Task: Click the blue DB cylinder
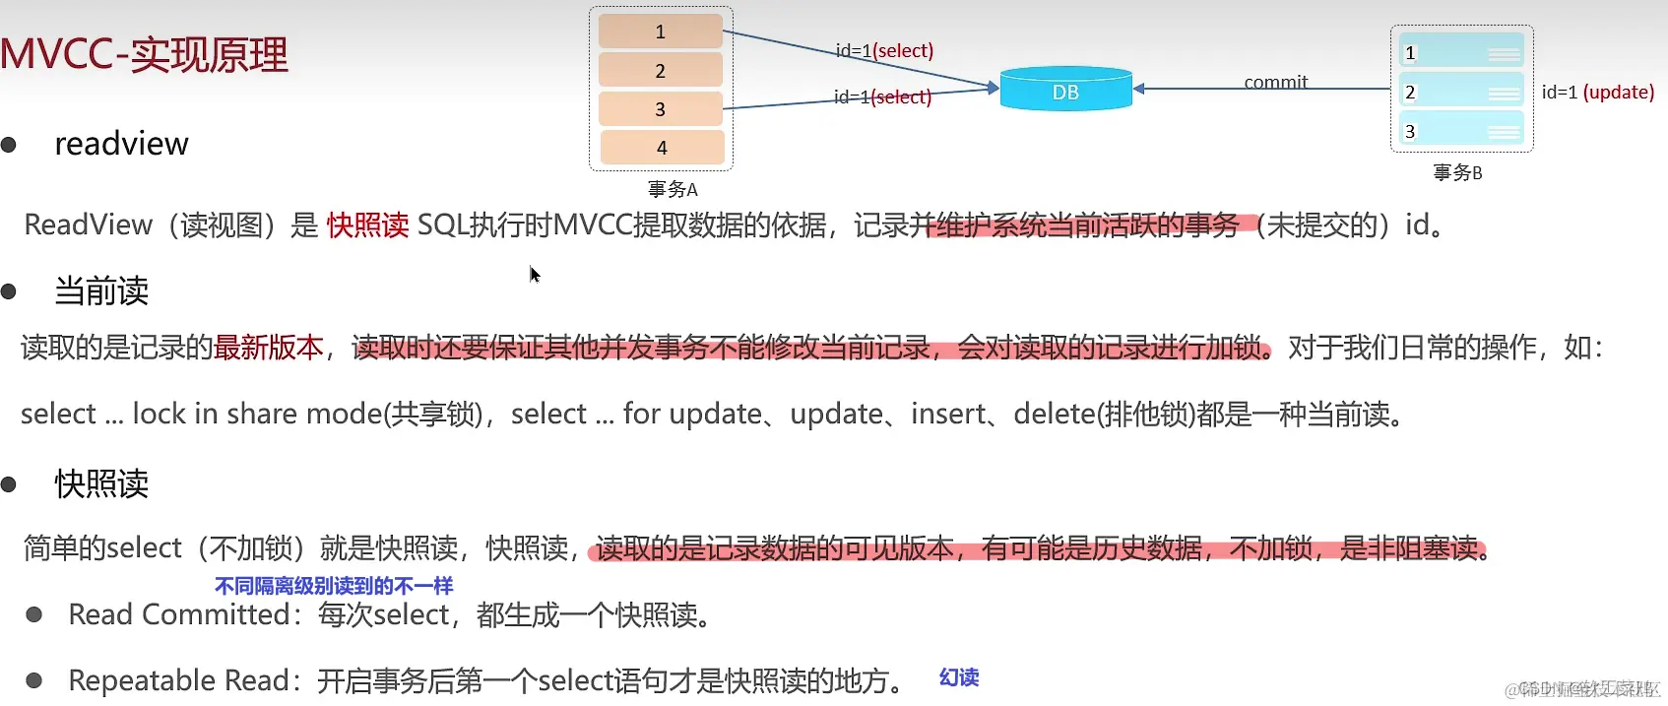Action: [1065, 90]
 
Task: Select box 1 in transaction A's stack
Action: [661, 32]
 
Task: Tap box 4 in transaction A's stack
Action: [662, 148]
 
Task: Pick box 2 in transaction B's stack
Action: [1461, 91]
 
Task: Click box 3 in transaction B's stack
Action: [1461, 130]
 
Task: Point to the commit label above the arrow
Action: [1275, 82]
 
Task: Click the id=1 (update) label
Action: [1597, 92]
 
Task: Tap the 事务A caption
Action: [673, 189]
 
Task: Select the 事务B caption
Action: [1457, 172]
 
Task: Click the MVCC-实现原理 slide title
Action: [145, 54]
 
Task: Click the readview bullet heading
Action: [121, 144]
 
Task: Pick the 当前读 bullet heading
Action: [101, 290]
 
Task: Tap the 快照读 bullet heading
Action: [101, 483]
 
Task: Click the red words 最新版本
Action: [269, 347]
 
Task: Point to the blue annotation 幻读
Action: [958, 677]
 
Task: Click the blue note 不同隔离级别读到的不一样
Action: [334, 586]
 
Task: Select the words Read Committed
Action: [178, 614]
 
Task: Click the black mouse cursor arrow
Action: [535, 274]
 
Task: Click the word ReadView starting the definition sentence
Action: [88, 225]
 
